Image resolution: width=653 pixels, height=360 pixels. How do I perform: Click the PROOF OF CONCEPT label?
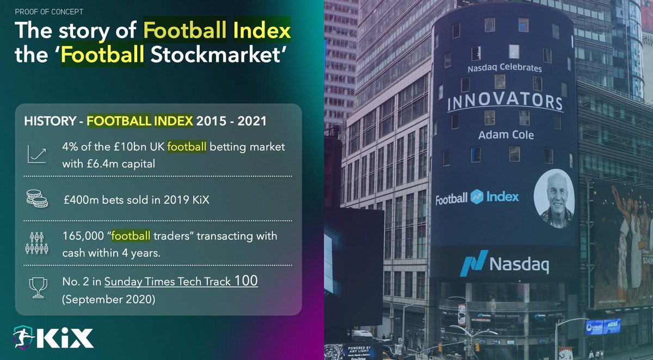click(x=49, y=11)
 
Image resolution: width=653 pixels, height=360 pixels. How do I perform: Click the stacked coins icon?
click(x=37, y=199)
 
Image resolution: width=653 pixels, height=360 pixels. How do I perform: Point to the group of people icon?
click(x=37, y=243)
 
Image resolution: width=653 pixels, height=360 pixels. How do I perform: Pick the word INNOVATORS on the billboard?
click(x=504, y=102)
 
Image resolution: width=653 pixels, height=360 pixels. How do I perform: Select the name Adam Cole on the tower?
click(x=506, y=134)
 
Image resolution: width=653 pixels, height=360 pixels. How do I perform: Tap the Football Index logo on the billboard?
click(x=477, y=197)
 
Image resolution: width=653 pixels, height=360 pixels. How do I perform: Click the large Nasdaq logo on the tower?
click(x=503, y=265)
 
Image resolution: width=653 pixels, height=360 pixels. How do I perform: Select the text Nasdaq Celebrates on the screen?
click(x=504, y=69)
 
